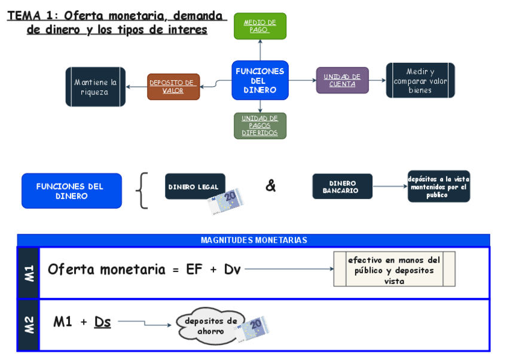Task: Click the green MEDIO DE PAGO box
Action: click(x=259, y=26)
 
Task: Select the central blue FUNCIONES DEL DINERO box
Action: click(x=260, y=80)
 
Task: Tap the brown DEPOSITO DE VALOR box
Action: click(x=173, y=87)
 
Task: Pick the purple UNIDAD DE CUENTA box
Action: click(x=342, y=81)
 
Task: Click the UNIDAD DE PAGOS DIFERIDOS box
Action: click(x=260, y=126)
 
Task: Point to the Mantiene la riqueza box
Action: click(x=95, y=87)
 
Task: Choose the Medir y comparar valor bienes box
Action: click(x=420, y=81)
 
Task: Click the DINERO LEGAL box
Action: click(x=195, y=187)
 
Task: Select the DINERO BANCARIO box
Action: click(x=342, y=187)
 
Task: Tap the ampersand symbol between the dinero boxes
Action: click(x=271, y=186)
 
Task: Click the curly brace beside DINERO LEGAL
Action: click(x=142, y=191)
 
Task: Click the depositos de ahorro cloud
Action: click(x=210, y=327)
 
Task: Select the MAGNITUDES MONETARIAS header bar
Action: click(x=253, y=240)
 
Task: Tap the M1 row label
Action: click(x=29, y=273)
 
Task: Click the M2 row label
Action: click(x=29, y=325)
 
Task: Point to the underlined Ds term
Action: click(x=102, y=322)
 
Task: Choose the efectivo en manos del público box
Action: click(x=394, y=270)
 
